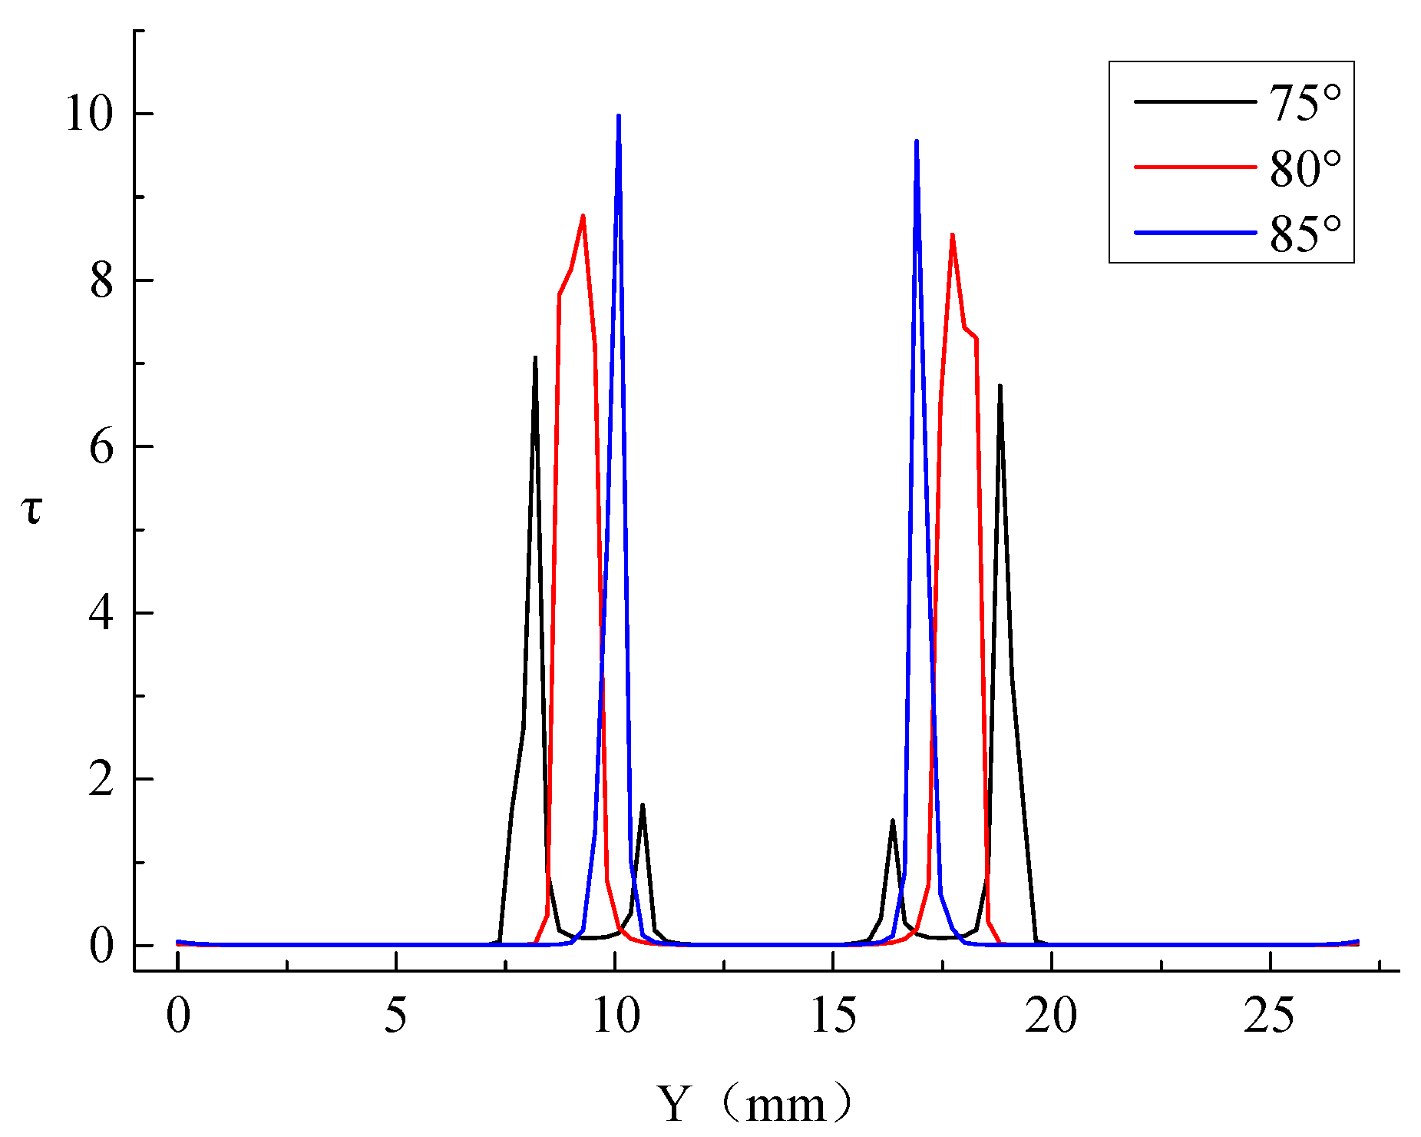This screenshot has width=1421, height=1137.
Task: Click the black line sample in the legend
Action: point(1195,101)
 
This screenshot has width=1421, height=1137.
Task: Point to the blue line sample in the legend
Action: point(1195,232)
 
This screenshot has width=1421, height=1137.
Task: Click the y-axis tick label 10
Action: point(88,115)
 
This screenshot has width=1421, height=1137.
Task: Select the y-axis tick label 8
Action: point(101,281)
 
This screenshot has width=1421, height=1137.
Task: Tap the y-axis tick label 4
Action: point(101,614)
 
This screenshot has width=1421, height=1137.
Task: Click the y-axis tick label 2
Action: point(101,781)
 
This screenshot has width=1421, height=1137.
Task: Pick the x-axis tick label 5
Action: point(395,1016)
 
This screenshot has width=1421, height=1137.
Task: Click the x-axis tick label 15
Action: point(833,1016)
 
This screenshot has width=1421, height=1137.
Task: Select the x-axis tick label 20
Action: point(1051,1016)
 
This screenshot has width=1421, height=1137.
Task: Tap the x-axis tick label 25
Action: point(1270,1016)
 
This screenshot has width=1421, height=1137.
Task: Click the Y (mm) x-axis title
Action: point(754,1105)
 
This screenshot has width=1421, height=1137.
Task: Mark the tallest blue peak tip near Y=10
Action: point(618,116)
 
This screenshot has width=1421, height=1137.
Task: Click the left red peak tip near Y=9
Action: point(583,216)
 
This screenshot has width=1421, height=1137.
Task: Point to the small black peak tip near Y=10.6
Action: point(642,805)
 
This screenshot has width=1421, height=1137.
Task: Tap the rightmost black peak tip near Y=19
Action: point(1000,386)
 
